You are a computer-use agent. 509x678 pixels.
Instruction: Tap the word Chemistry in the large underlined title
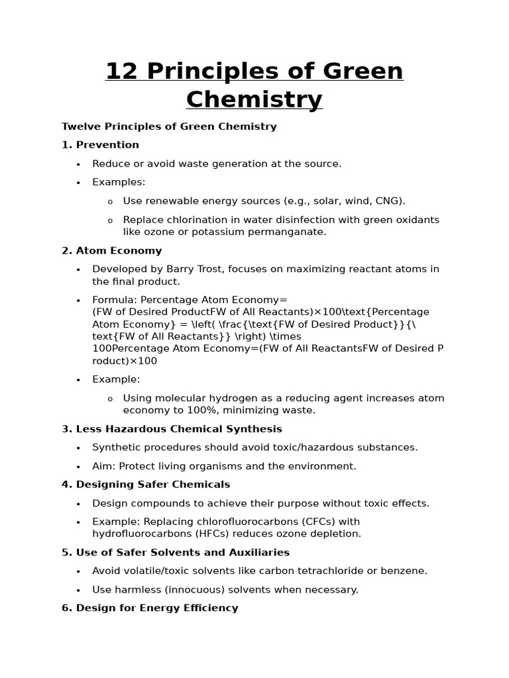[x=254, y=100]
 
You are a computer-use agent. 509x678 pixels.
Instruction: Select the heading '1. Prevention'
[x=100, y=145]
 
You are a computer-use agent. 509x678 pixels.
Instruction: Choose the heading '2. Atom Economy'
[x=111, y=251]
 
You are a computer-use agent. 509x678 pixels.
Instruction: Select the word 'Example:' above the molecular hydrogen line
[x=116, y=379]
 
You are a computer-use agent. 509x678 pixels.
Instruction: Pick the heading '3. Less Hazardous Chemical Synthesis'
[x=172, y=429]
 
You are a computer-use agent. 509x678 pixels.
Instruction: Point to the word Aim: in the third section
[x=104, y=466]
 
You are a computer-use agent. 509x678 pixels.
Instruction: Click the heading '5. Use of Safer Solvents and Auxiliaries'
[x=176, y=552]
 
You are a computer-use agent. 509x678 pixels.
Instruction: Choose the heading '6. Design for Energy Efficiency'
[x=150, y=608]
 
